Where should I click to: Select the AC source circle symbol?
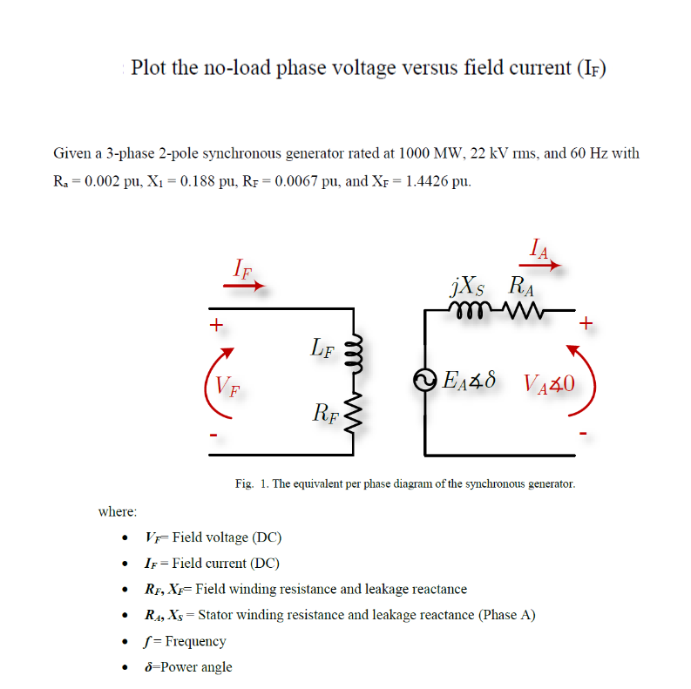(x=425, y=381)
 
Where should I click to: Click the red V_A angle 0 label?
(x=551, y=382)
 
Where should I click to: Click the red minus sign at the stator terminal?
(x=585, y=432)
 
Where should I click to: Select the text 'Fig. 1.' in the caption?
(x=251, y=483)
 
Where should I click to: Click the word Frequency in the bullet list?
(x=196, y=641)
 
